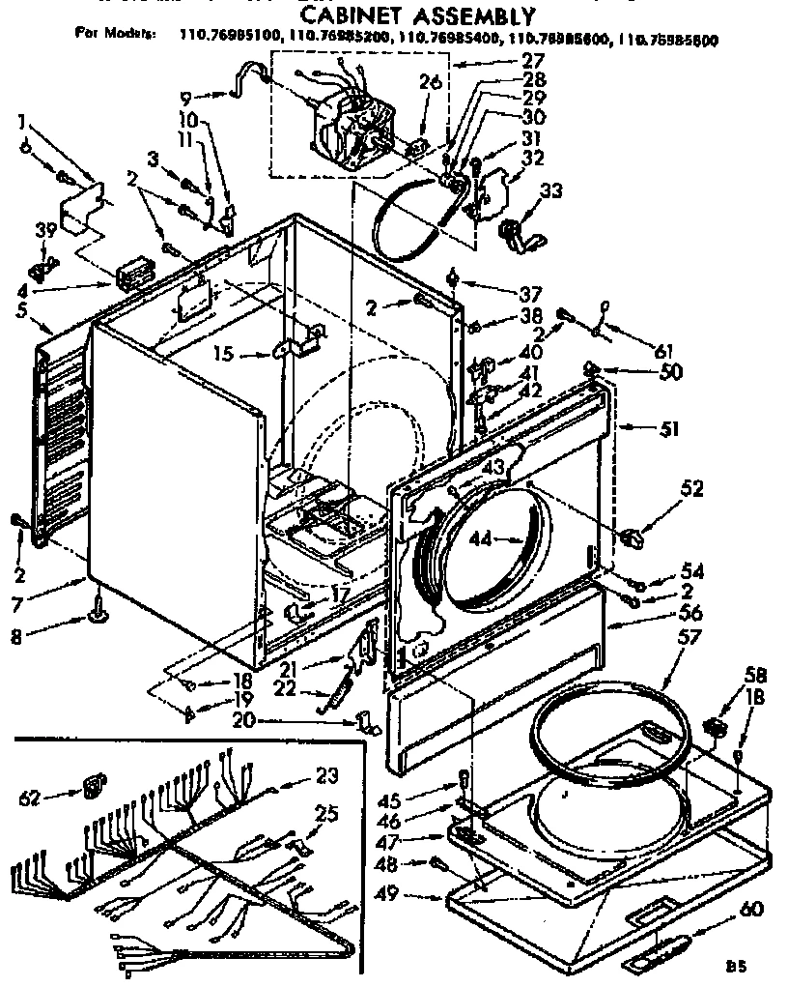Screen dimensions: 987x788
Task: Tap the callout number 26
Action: point(430,82)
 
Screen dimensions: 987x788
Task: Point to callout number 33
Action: point(550,190)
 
